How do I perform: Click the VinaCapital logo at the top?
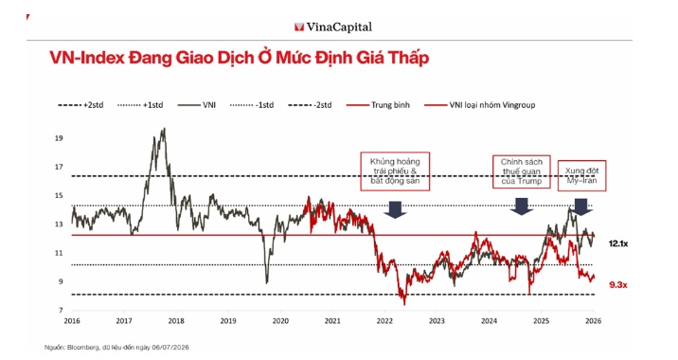(x=333, y=27)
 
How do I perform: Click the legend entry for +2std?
(x=80, y=105)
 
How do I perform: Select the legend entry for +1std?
(x=140, y=105)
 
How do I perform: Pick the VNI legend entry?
(x=197, y=105)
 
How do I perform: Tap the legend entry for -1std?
(x=252, y=105)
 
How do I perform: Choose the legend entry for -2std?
(x=310, y=105)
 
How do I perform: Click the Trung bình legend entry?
(x=378, y=105)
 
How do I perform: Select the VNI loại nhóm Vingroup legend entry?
(x=480, y=105)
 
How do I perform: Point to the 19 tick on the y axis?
(x=59, y=138)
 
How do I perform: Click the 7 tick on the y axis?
(x=61, y=310)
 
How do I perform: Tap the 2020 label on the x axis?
(x=280, y=321)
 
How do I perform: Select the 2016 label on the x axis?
(x=72, y=321)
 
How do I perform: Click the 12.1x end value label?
(x=618, y=244)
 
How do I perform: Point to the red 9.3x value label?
(x=618, y=285)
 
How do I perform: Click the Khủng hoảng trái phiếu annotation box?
(x=395, y=171)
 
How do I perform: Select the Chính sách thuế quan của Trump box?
(x=522, y=171)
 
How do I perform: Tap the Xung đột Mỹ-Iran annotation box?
(x=582, y=175)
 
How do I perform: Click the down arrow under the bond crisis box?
(x=395, y=209)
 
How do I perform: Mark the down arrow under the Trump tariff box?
(x=522, y=207)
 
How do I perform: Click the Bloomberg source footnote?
(x=116, y=348)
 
